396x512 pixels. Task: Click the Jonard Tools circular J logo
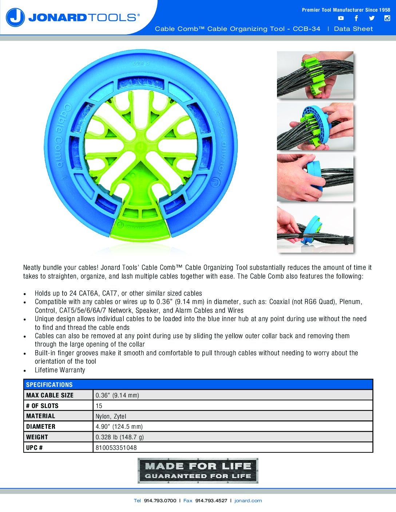15,17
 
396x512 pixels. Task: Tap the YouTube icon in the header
341,18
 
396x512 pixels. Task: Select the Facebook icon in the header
356,18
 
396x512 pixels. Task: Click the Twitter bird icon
372,18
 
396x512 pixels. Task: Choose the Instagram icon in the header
387,18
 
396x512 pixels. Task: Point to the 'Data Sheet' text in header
353,29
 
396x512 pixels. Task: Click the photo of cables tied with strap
315,229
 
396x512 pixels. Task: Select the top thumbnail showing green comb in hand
315,75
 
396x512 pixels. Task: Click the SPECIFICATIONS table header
49,385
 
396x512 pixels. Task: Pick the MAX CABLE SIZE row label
50,395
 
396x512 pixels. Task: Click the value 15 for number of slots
99,406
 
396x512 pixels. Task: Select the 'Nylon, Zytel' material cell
111,416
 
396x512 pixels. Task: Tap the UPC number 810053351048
116,448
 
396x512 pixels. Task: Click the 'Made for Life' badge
198,471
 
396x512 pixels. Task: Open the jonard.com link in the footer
248,501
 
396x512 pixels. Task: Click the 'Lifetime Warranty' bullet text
60,370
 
